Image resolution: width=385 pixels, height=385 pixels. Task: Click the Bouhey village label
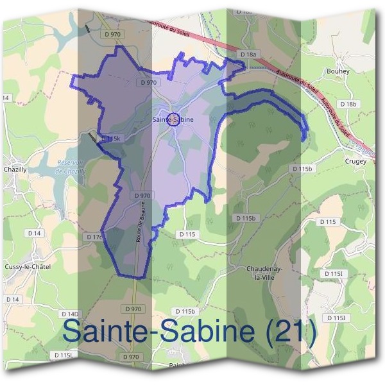pyautogui.click(x=338, y=71)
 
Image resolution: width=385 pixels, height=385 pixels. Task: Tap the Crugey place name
pyautogui.click(x=356, y=162)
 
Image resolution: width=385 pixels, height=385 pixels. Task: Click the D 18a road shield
pyautogui.click(x=248, y=56)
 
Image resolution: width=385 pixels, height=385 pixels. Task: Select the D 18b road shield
pyautogui.click(x=348, y=104)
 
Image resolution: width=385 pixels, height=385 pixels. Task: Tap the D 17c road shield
pyautogui.click(x=95, y=237)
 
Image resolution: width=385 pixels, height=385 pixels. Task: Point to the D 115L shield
pyautogui.click(x=64, y=355)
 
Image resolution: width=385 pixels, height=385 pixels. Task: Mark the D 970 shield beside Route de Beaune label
pyautogui.click(x=142, y=195)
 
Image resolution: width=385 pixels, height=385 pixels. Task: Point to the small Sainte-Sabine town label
pyautogui.click(x=173, y=119)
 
